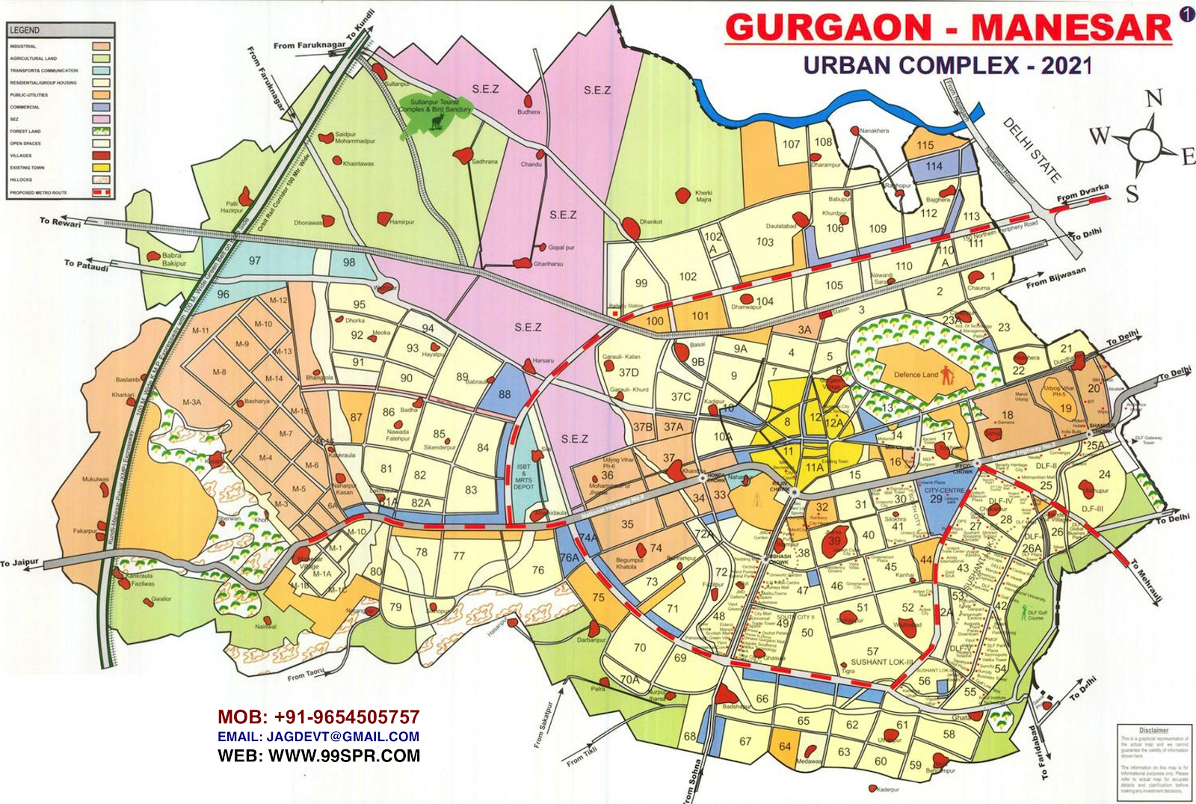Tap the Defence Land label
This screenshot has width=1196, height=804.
click(916, 375)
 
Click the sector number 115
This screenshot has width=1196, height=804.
click(925, 146)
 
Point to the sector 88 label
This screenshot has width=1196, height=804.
click(505, 394)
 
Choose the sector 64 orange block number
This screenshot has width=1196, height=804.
click(785, 746)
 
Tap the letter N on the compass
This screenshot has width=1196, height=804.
click(1154, 99)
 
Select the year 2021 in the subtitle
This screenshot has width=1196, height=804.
click(1067, 66)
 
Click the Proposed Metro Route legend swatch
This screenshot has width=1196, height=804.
click(101, 192)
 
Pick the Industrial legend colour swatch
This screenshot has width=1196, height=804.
click(101, 46)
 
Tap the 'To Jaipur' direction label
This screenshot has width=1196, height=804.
click(19, 562)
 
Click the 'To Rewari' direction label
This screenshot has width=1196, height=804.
click(61, 221)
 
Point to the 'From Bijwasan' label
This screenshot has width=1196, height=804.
click(1055, 278)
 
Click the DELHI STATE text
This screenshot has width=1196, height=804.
click(1032, 150)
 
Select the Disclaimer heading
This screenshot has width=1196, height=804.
click(1153, 730)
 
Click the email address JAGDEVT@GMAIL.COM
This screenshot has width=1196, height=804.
click(318, 737)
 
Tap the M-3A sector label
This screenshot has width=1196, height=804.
click(192, 402)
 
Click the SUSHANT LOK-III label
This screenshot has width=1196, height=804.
click(882, 662)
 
